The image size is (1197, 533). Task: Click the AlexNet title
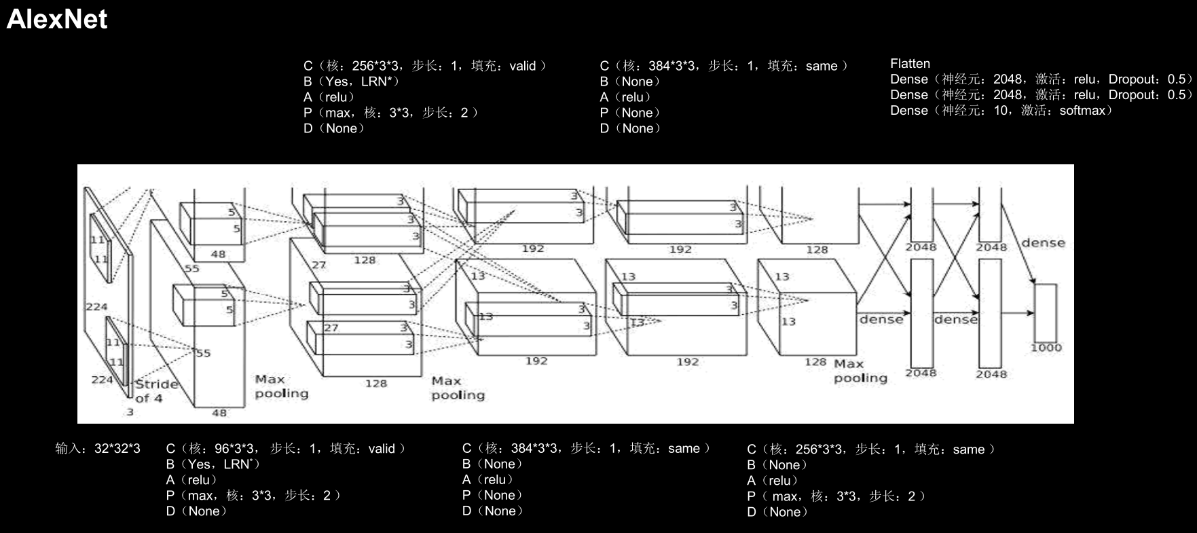57,19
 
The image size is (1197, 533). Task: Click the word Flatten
910,64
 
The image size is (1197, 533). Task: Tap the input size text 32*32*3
117,449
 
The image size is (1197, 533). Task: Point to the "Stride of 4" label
155,390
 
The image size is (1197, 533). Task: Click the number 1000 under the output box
1046,348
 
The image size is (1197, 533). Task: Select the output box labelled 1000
1046,312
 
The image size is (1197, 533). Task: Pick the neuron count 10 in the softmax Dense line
1001,111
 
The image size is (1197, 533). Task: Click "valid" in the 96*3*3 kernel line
382,449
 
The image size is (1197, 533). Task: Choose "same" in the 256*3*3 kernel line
968,449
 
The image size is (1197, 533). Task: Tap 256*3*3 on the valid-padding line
373,66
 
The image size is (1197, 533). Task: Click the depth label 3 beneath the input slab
130,411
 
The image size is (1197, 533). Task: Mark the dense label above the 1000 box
1043,243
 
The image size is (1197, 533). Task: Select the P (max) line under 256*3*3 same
836,496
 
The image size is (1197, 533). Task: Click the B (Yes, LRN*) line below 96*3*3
213,464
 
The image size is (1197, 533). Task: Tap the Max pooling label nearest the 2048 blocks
860,371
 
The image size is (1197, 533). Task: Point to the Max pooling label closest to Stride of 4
281,386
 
